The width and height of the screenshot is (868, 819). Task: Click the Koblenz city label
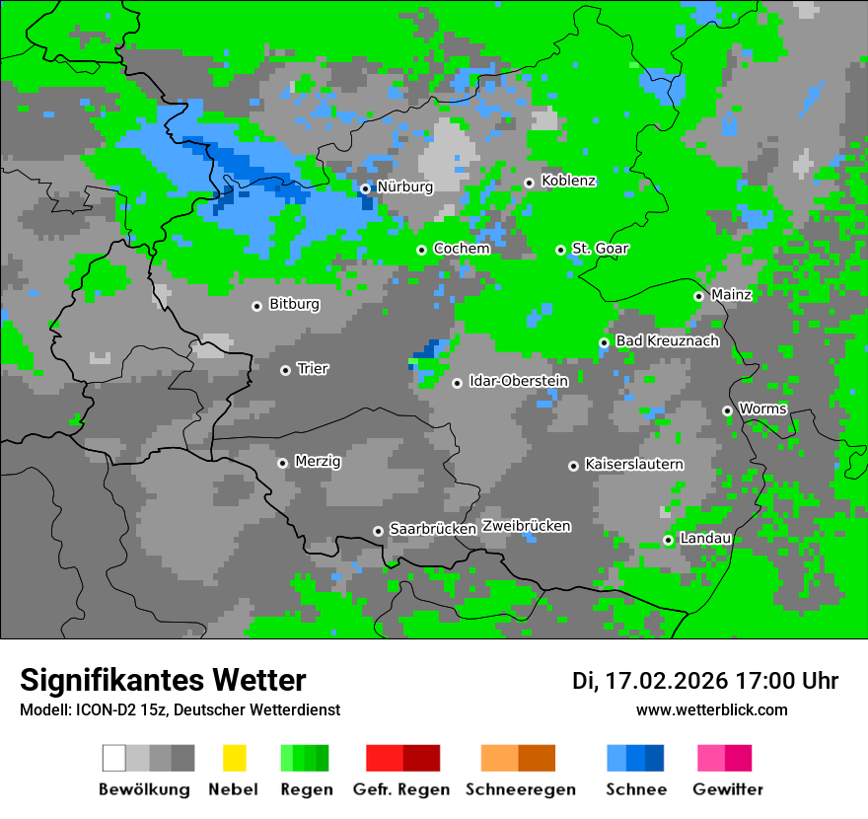click(569, 181)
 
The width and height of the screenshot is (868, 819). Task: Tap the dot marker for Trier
click(285, 370)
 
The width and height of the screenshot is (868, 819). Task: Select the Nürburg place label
click(404, 186)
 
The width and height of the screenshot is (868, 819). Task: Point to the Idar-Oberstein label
click(519, 381)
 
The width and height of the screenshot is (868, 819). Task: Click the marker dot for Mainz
click(698, 296)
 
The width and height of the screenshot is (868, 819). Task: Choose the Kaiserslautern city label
click(634, 464)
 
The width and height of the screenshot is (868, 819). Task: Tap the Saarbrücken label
click(433, 529)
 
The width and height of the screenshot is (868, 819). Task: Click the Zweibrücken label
click(527, 526)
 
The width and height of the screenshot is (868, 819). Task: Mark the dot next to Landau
click(668, 540)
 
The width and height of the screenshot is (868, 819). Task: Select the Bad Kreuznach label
click(667, 340)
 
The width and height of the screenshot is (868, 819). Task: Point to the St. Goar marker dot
click(560, 250)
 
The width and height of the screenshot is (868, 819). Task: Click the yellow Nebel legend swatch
click(234, 758)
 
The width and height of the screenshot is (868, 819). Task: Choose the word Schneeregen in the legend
click(521, 789)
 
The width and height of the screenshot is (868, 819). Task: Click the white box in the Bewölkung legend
click(114, 758)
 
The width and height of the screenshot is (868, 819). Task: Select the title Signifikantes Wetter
click(163, 680)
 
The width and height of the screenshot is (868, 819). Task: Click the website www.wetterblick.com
click(711, 709)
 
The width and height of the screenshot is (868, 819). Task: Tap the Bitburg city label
click(294, 304)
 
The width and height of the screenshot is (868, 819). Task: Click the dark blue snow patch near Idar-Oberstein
click(425, 349)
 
